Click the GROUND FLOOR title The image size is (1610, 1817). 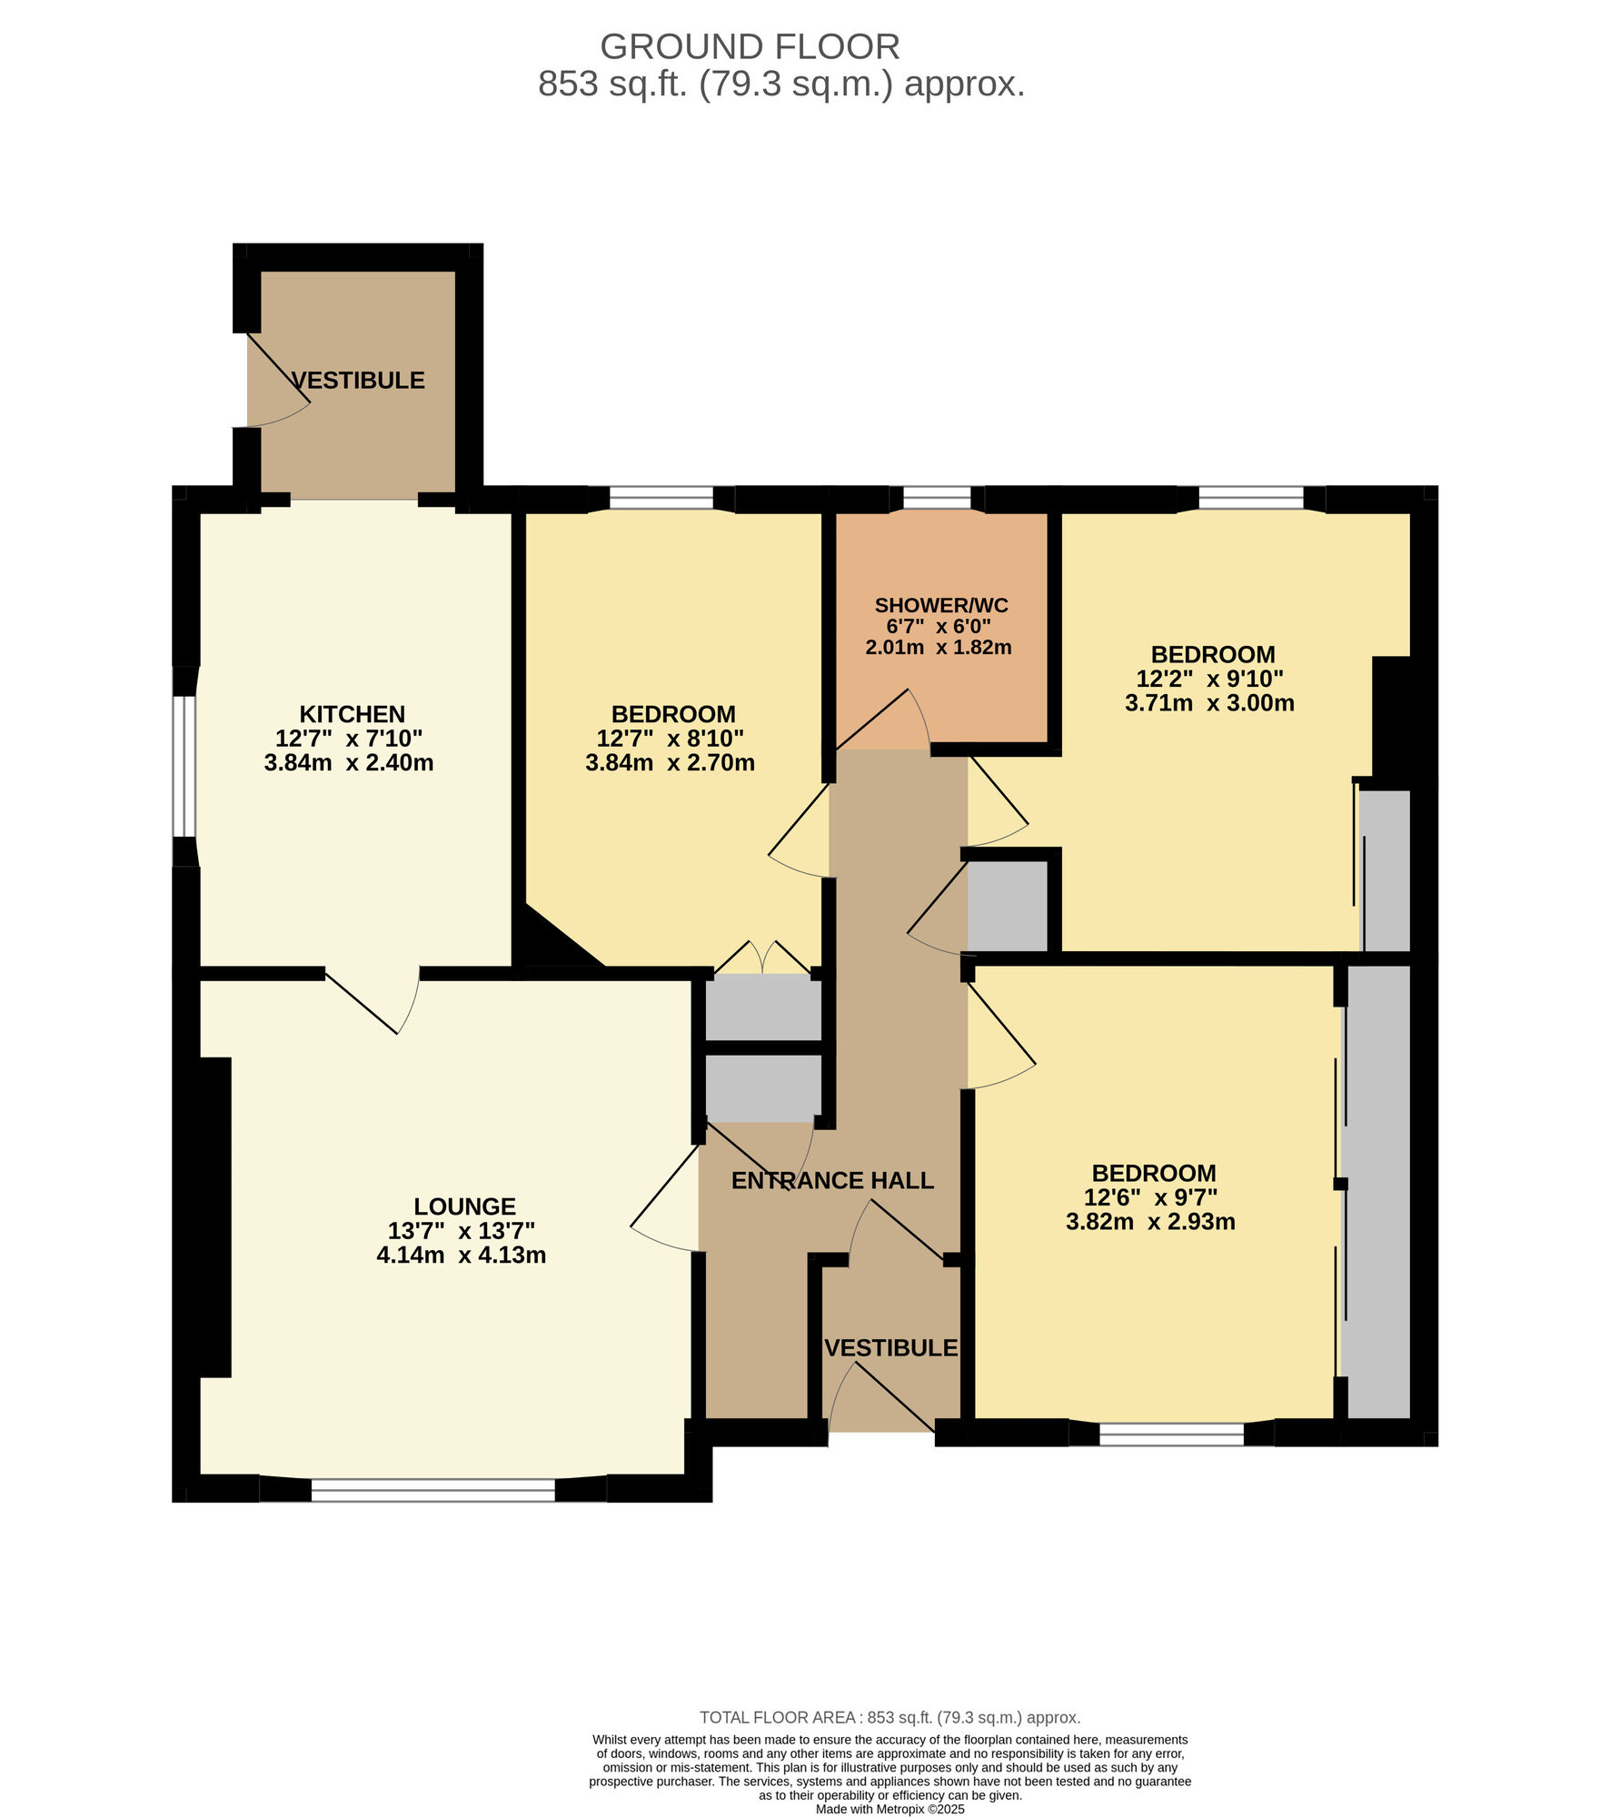pos(750,46)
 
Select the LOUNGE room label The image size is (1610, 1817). pos(464,1206)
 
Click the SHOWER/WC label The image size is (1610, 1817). pos(940,605)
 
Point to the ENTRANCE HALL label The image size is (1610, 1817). pos(832,1180)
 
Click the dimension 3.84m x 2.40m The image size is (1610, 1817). pos(349,763)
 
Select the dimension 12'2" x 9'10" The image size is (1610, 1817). pos(1209,679)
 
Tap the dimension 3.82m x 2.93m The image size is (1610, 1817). pos(1150,1222)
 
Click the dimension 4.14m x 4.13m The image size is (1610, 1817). pos(462,1256)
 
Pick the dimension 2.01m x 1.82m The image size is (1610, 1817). pos(939,648)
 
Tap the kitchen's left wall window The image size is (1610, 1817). pos(184,766)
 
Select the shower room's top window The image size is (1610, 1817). pos(937,498)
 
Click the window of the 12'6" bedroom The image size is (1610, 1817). pos(1171,1434)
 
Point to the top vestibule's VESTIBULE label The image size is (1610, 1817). pos(358,380)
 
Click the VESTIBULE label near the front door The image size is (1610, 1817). pos(890,1348)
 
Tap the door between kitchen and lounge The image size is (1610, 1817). pos(373,999)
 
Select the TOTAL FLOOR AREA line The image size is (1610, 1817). pos(889,1718)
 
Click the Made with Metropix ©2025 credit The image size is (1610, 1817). pos(889,1809)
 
